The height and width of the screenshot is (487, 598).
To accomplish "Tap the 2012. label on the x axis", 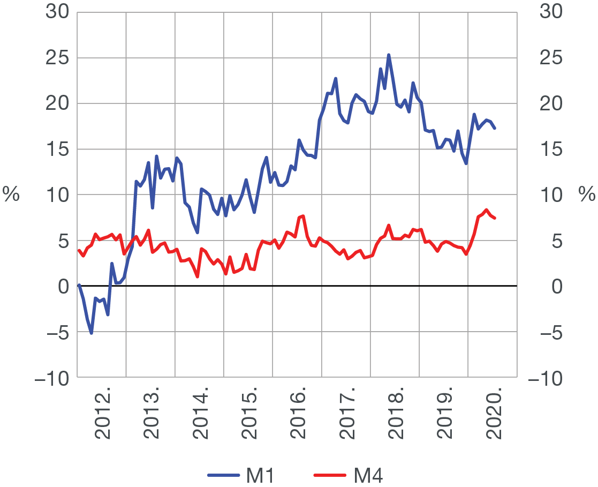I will [x=102, y=416].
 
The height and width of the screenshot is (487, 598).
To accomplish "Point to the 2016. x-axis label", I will [x=298, y=416].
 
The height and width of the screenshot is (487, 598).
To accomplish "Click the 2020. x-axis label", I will [x=493, y=416].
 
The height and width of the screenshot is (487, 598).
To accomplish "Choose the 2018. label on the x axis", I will [x=396, y=416].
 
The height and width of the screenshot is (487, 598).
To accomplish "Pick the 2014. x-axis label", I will [x=200, y=416].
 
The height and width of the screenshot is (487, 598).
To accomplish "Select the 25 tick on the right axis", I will [x=552, y=58].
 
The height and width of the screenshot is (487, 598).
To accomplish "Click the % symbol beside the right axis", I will [x=587, y=195].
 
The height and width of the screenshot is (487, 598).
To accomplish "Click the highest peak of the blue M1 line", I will [x=389, y=55].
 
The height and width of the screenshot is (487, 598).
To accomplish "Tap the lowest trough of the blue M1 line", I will [x=92, y=333].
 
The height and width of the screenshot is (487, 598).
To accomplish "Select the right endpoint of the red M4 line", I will [x=495, y=218].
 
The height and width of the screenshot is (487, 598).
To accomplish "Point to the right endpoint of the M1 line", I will [x=495, y=128].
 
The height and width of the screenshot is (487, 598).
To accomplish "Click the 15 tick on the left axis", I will [x=58, y=149].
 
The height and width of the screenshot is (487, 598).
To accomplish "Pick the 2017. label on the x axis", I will [x=346, y=416].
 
